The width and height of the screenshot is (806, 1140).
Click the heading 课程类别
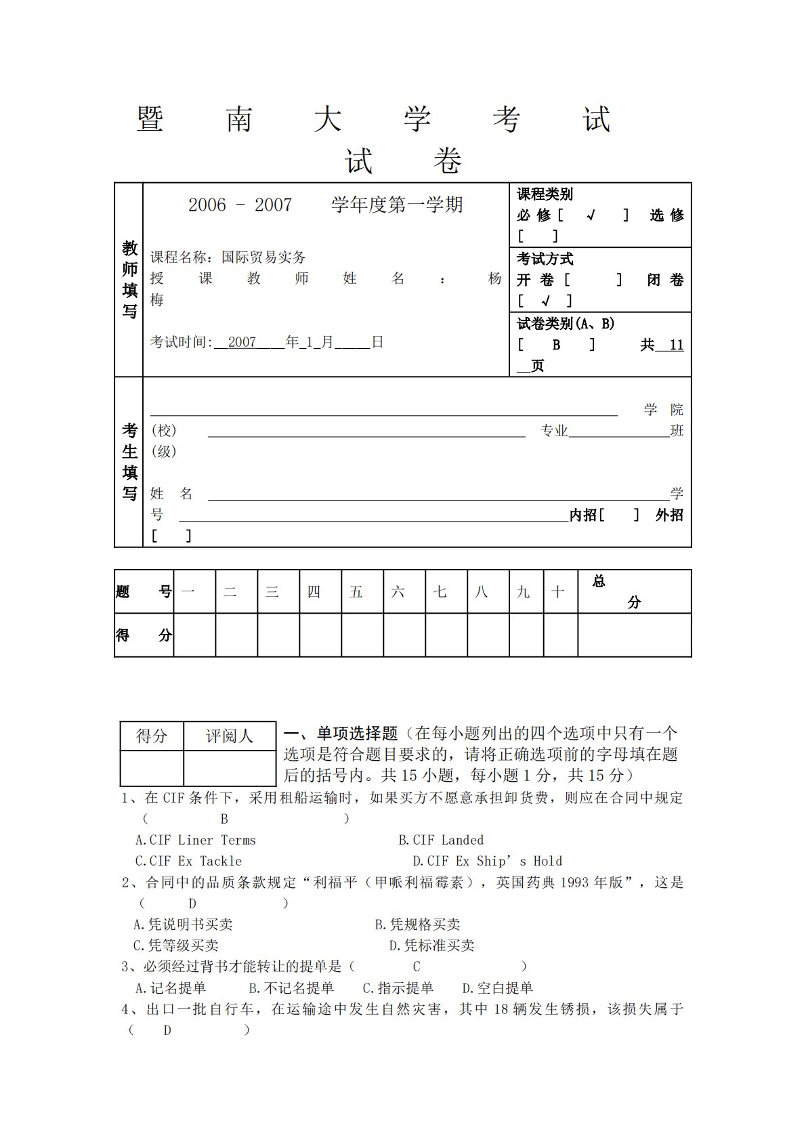coord(545,194)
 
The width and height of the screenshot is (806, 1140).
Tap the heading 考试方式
coord(545,259)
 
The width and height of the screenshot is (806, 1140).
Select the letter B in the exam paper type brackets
coord(556,345)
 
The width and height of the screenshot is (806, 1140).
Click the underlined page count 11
coord(676,345)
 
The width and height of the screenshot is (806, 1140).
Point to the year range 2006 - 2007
coord(240,205)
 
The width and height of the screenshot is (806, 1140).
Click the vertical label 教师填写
coord(129,279)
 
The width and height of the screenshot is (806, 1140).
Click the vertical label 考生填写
coord(129,461)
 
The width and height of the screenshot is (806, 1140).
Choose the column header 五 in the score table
coord(356,592)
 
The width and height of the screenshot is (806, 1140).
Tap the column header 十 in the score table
coord(557,592)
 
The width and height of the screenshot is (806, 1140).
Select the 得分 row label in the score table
coord(144,635)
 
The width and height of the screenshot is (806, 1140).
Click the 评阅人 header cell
coord(229,736)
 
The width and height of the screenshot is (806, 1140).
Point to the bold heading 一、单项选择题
coord(340,734)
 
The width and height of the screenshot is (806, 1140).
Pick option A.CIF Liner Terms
coord(196,841)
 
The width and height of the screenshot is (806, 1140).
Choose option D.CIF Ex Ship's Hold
coord(487,862)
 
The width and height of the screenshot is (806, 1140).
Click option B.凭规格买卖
coord(417,925)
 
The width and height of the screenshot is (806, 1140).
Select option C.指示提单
coord(398,988)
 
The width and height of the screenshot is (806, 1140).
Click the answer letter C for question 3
coord(417,967)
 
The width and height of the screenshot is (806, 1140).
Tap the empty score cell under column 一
coord(194,635)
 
